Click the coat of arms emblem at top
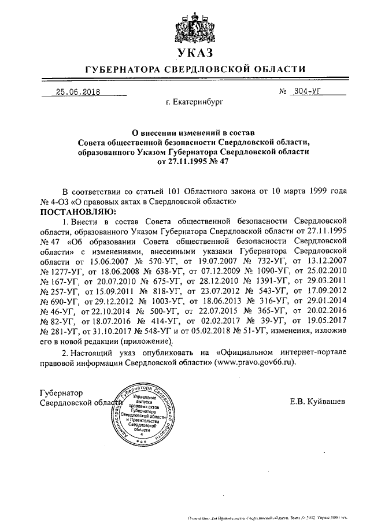tap(193, 27)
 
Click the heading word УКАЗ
tap(193, 54)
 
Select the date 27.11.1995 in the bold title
tap(184, 162)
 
